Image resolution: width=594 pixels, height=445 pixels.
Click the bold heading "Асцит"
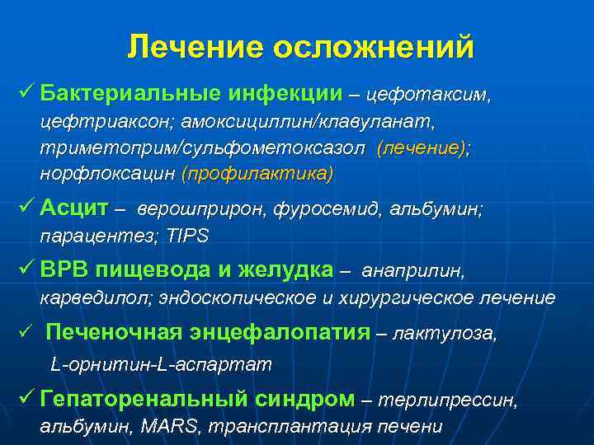[x=73, y=207]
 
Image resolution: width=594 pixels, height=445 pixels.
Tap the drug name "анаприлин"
[x=413, y=270]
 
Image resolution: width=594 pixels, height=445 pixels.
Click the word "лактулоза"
[x=445, y=335]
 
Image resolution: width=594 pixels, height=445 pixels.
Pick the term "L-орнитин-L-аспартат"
[x=160, y=363]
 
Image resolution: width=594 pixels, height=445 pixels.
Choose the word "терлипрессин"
[x=450, y=400]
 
